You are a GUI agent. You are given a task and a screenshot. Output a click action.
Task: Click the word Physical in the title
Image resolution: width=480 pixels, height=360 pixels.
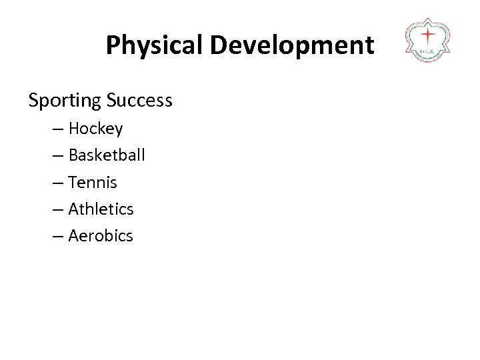coord(155,45)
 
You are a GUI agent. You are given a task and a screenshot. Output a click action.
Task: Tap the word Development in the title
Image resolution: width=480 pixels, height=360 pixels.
coord(293,45)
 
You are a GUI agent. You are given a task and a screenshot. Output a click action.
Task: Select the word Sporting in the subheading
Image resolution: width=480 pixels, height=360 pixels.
coord(63,101)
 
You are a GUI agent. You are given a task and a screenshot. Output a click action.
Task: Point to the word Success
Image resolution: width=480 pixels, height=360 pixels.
coord(138,101)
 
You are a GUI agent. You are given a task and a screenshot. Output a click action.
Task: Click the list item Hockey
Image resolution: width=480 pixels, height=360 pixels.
coord(95,129)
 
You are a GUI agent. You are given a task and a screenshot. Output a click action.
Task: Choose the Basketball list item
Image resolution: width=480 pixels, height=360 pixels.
coord(107,155)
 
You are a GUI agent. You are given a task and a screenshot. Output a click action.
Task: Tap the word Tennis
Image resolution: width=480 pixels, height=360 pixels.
coord(93,182)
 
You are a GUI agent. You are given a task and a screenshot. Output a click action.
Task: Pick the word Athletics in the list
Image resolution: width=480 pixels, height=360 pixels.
coord(101,209)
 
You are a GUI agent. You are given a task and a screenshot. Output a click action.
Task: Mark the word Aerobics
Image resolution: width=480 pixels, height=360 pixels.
coord(101,235)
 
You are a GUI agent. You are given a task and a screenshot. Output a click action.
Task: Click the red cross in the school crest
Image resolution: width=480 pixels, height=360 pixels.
coord(428,35)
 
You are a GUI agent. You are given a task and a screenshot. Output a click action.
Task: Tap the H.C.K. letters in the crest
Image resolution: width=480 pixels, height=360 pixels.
coord(428,51)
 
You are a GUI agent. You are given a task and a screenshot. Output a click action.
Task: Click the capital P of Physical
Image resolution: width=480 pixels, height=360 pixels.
coord(113,45)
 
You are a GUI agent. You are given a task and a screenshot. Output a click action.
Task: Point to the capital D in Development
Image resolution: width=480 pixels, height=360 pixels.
coord(217,45)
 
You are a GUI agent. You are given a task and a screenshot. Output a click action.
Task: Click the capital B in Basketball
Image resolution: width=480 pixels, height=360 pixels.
coord(73,155)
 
